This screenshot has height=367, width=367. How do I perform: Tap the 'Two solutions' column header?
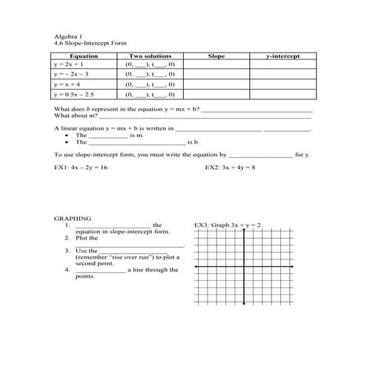click(x=150, y=56)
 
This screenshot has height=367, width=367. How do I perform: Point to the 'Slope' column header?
click(x=216, y=56)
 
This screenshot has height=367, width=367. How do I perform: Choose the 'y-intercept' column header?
click(x=282, y=56)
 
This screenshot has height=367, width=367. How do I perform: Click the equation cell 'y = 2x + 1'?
click(x=69, y=65)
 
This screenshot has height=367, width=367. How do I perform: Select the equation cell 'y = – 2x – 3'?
click(x=71, y=74)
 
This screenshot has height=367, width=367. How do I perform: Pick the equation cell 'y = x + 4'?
click(x=67, y=84)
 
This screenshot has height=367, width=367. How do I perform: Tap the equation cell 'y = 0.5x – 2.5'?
click(x=74, y=94)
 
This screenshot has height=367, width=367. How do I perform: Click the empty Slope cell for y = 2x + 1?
click(x=216, y=65)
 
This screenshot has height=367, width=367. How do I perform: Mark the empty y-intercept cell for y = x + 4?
click(x=282, y=84)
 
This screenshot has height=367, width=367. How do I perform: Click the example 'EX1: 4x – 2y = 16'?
click(x=81, y=168)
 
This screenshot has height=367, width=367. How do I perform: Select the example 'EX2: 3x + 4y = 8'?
click(x=230, y=168)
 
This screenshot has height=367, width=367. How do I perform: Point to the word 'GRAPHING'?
click(x=73, y=219)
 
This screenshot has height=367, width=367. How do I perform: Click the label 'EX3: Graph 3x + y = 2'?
click(x=227, y=225)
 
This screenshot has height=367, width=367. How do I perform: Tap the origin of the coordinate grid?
click(x=245, y=266)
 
